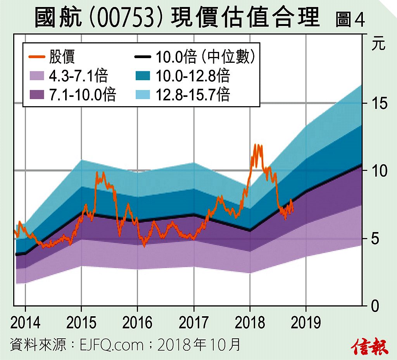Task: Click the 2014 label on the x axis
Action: [x=25, y=322]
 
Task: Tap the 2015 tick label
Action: [x=81, y=322]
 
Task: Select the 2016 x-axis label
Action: [x=137, y=322]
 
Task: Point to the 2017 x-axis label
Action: [x=193, y=322]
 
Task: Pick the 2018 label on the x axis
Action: [x=250, y=322]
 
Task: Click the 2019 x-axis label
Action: [x=306, y=322]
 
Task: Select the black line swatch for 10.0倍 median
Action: [x=143, y=58]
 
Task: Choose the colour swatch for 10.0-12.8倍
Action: [x=143, y=76]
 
